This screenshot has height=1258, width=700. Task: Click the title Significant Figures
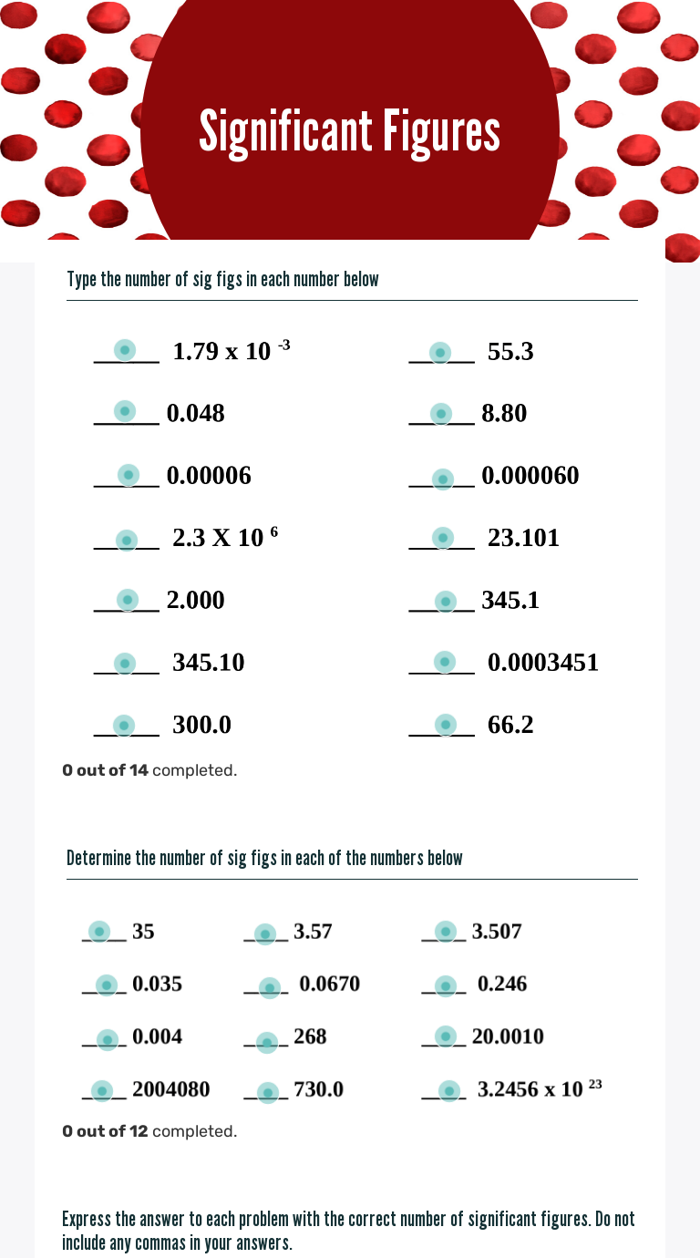pyautogui.click(x=350, y=131)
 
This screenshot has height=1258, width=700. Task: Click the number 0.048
pyautogui.click(x=195, y=414)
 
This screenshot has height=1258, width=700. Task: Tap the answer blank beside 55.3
pyautogui.click(x=439, y=352)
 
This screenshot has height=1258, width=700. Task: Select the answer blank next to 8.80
pyautogui.click(x=441, y=414)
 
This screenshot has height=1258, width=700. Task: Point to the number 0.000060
pyautogui.click(x=530, y=476)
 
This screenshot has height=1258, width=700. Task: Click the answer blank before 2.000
pyautogui.click(x=128, y=600)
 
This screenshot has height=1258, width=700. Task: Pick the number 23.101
pyautogui.click(x=523, y=538)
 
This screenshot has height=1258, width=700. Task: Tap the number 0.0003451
pyautogui.click(x=543, y=663)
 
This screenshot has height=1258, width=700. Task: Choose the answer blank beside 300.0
pyautogui.click(x=124, y=726)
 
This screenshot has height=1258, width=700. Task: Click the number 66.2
pyautogui.click(x=510, y=726)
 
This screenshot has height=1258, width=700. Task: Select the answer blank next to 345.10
pyautogui.click(x=125, y=663)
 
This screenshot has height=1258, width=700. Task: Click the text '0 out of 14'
pyautogui.click(x=105, y=770)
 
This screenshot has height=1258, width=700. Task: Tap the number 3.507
pyautogui.click(x=496, y=932)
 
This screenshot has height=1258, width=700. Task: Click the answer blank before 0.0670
pyautogui.click(x=269, y=986)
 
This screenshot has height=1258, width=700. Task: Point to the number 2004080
pyautogui.click(x=170, y=1089)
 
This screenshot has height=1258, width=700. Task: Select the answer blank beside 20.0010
pyautogui.click(x=446, y=1036)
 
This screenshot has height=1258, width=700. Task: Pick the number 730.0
pyautogui.click(x=318, y=1089)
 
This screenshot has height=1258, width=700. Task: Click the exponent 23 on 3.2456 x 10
pyautogui.click(x=595, y=1085)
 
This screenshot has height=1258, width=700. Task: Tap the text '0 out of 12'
pyautogui.click(x=105, y=1131)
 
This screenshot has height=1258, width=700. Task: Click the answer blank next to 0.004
pyautogui.click(x=108, y=1039)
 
